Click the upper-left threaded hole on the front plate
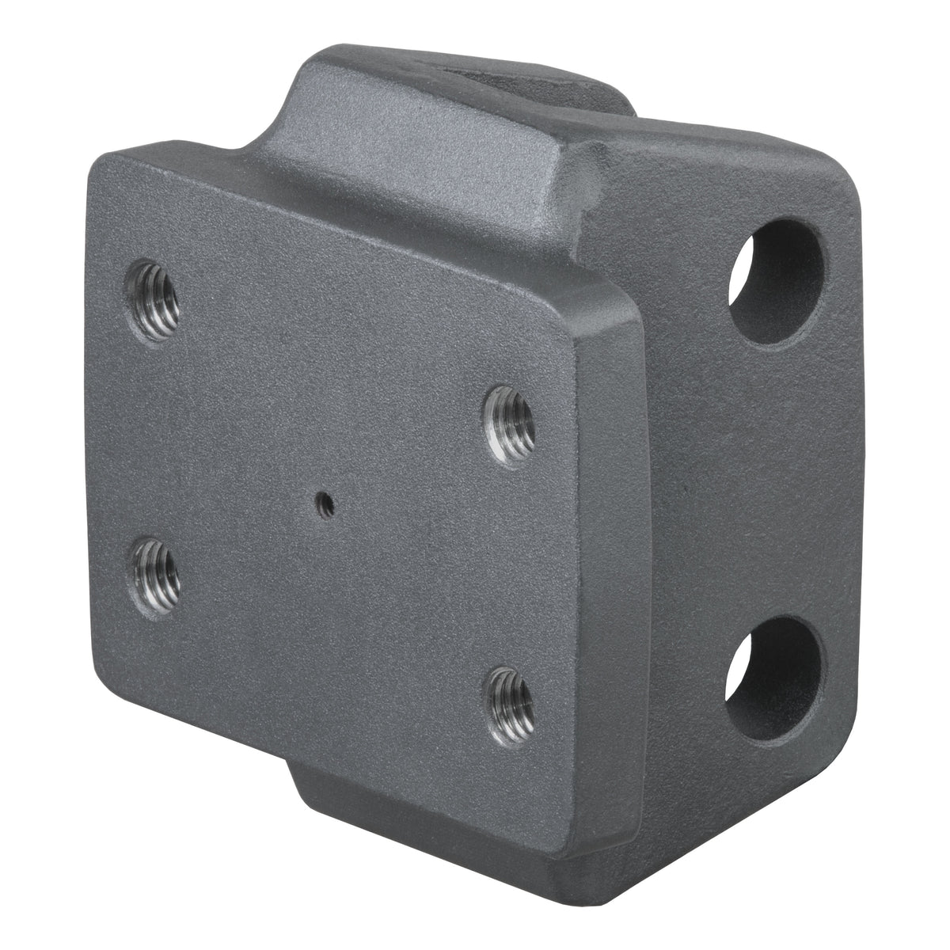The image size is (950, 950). tap(152, 302)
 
